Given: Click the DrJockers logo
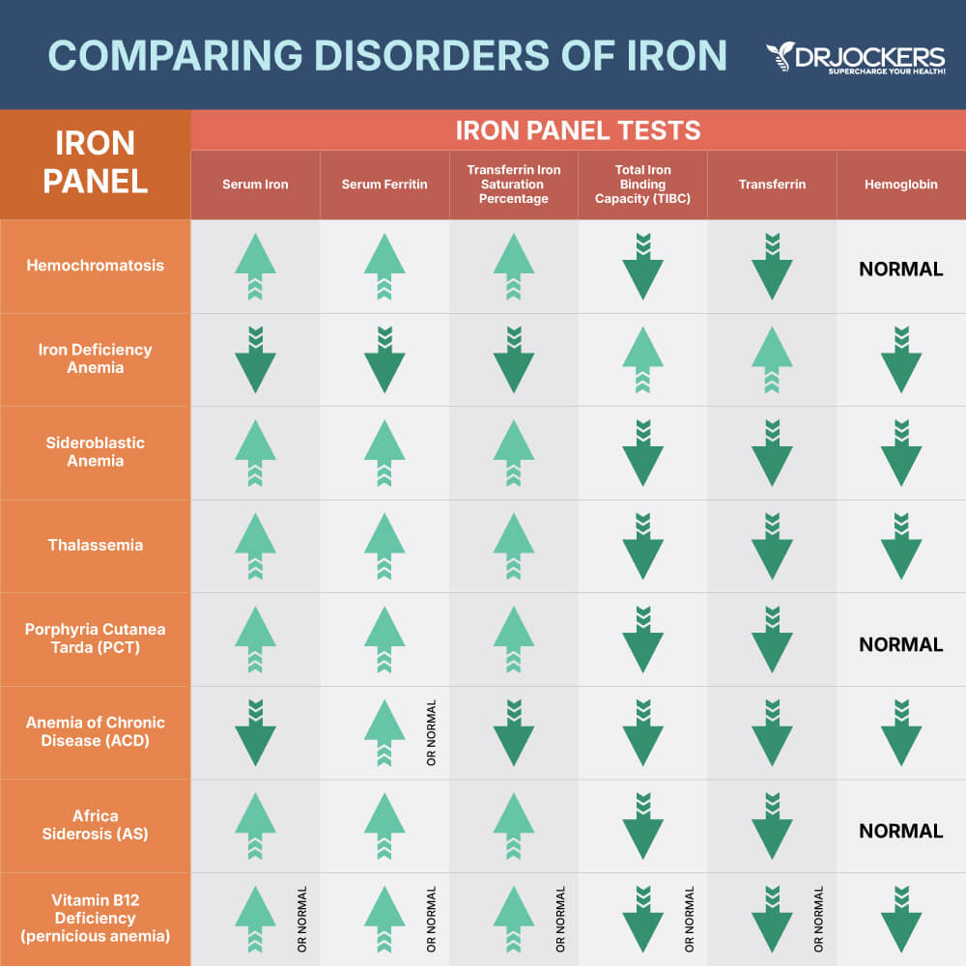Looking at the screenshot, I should pyautogui.click(x=856, y=59).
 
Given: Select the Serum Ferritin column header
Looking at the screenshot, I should pyautogui.click(x=384, y=185).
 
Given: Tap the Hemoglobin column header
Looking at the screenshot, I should pyautogui.click(x=900, y=185).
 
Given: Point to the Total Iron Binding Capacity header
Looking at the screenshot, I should pyautogui.click(x=642, y=185).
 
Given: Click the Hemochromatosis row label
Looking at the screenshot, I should pyautogui.click(x=95, y=266).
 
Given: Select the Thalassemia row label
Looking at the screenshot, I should pyautogui.click(x=95, y=545).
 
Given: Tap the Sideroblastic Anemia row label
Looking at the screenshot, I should pyautogui.click(x=95, y=452).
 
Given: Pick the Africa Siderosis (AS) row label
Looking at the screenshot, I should pyautogui.click(x=95, y=825).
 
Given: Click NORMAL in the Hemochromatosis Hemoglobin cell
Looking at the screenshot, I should pyautogui.click(x=900, y=269).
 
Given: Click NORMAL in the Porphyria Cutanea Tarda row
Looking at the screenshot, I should pyautogui.click(x=900, y=644).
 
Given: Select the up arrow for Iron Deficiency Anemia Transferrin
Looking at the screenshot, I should pyautogui.click(x=772, y=358).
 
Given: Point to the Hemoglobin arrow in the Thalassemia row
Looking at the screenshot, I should pyautogui.click(x=900, y=546).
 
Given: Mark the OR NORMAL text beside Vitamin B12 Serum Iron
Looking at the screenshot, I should pyautogui.click(x=302, y=919).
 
